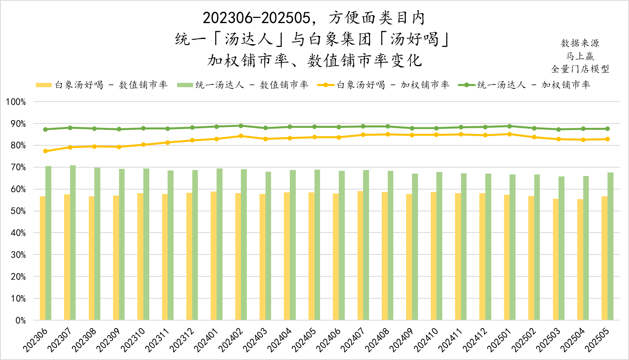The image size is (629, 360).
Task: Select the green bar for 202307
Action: tap(73, 243)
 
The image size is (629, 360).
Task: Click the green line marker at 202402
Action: tap(241, 126)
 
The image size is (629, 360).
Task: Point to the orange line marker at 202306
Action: tap(45, 151)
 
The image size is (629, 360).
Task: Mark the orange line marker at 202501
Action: tap(510, 134)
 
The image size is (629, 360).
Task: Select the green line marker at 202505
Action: tap(608, 129)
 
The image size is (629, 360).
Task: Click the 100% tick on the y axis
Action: tap(16, 102)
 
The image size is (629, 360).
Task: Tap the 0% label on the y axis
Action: tap(20, 320)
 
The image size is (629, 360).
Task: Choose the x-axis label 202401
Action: tap(205, 340)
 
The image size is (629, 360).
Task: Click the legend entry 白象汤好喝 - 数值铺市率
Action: tap(102, 85)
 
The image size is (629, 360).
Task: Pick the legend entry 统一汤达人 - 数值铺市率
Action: tap(243, 85)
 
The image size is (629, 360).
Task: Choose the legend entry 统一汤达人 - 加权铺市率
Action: tap(524, 85)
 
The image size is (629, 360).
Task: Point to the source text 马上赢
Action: tap(580, 56)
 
